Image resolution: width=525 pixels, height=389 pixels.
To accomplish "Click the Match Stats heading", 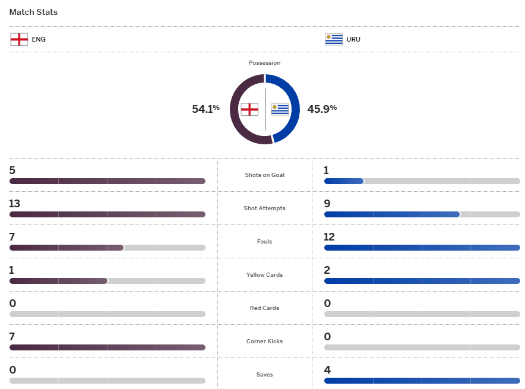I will [x=33, y=12].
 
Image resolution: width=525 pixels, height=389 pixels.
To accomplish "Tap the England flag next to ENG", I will [x=19, y=39].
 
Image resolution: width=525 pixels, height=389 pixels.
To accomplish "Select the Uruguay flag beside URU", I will [x=334, y=39].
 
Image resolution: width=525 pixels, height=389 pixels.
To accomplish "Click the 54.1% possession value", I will [x=205, y=109].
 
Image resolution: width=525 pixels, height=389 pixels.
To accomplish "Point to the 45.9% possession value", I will [x=322, y=109].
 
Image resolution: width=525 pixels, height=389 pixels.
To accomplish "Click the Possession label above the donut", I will [x=264, y=63].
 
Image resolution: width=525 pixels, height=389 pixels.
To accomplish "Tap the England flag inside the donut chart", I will [x=249, y=109].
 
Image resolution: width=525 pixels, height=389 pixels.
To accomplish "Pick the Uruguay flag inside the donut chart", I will [x=280, y=109].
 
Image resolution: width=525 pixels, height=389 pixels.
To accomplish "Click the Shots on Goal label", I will [x=264, y=175].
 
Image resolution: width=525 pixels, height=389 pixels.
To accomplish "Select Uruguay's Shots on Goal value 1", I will [x=327, y=170].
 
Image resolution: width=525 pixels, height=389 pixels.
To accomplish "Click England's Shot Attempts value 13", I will [x=15, y=204].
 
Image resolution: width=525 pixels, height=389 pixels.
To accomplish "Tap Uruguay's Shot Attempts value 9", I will [x=327, y=204].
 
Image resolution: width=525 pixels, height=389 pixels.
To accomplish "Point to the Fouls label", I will [x=264, y=242].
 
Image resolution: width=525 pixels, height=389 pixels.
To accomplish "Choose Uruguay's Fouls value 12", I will [x=330, y=237].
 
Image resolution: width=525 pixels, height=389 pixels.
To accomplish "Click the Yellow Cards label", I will [x=264, y=275].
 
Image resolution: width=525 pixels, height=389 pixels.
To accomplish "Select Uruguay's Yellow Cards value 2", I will [x=327, y=270].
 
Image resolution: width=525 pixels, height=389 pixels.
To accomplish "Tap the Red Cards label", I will [x=264, y=308].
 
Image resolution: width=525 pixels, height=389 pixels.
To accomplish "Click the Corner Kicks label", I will [x=264, y=341].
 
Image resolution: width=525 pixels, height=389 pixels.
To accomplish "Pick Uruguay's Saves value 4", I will [x=327, y=370].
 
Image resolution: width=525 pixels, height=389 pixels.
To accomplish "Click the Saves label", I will [x=264, y=375].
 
